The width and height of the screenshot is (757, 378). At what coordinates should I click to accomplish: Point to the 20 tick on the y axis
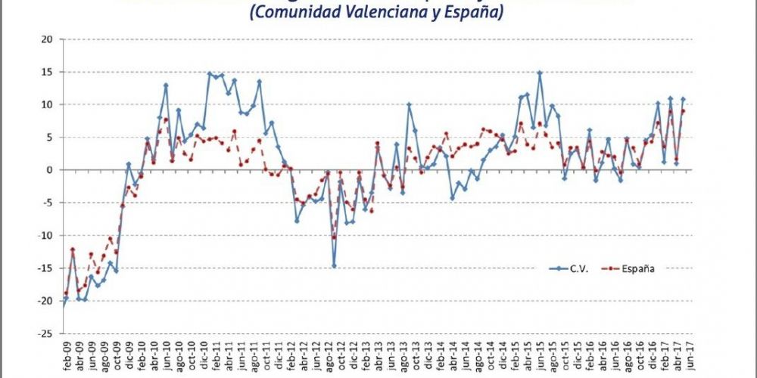pyautogui.click(x=47, y=39)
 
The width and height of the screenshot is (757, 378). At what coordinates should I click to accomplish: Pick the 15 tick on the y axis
pyautogui.click(x=47, y=72)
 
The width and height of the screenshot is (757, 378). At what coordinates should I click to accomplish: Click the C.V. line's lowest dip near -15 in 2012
pyautogui.click(x=334, y=265)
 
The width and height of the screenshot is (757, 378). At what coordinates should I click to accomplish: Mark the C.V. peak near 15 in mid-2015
pyautogui.click(x=540, y=73)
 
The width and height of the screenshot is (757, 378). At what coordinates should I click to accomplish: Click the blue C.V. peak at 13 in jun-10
pyautogui.click(x=166, y=85)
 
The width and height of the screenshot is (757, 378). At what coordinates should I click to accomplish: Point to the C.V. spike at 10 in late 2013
pyautogui.click(x=409, y=104)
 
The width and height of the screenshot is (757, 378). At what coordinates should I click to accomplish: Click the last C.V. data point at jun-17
pyautogui.click(x=683, y=99)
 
